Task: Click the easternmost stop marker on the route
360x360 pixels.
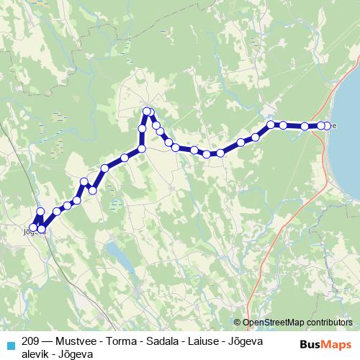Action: click(328, 126)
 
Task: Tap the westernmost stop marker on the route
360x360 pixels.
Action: click(33, 228)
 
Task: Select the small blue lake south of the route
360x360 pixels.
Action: click(114, 252)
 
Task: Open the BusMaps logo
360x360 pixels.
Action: click(325, 344)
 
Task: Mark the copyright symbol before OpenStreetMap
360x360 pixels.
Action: click(238, 322)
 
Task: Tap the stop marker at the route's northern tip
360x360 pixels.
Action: click(147, 111)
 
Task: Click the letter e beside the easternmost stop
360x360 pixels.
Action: click(334, 126)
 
